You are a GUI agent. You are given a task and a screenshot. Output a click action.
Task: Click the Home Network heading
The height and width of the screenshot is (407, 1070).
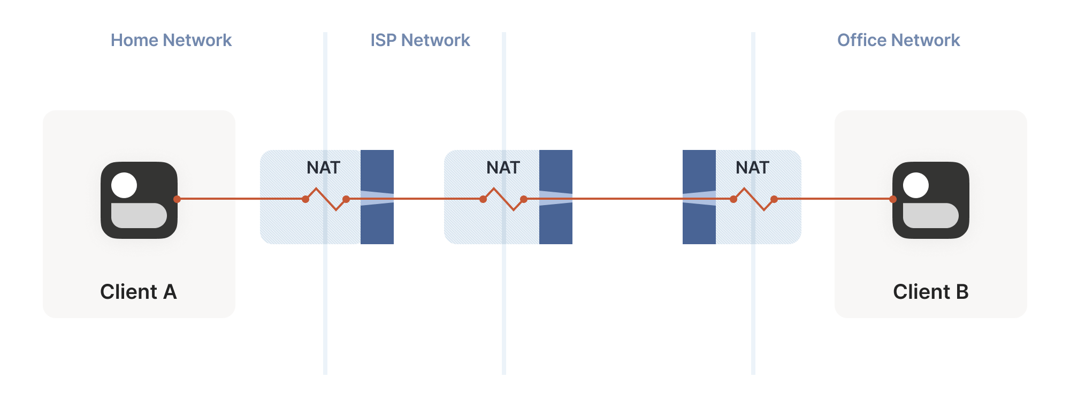171,40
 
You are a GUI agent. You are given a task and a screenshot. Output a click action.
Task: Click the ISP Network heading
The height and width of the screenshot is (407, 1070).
420,40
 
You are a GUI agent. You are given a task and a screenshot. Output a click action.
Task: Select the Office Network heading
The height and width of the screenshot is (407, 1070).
898,40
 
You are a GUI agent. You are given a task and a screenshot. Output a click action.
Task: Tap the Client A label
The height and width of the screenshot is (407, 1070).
138,292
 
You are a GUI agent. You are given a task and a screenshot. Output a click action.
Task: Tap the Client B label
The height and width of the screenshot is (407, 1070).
930,292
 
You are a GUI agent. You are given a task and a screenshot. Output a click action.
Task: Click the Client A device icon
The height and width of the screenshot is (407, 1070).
139,200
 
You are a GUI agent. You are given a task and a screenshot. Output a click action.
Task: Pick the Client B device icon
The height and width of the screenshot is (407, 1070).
931,200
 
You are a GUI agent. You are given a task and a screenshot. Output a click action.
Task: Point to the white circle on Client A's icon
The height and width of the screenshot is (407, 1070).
124,185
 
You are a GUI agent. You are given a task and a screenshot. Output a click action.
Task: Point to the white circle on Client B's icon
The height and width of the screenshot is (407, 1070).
916,185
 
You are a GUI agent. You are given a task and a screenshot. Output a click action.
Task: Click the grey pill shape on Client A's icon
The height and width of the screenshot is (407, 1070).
139,215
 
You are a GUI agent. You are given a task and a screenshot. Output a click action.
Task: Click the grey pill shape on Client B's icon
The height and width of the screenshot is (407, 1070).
931,215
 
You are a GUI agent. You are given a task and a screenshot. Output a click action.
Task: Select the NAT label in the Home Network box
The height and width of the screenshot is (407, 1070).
323,168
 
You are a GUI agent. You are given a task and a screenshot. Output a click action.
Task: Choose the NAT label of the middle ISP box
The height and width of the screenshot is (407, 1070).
503,168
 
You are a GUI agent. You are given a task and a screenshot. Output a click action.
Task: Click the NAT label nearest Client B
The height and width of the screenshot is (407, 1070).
752,168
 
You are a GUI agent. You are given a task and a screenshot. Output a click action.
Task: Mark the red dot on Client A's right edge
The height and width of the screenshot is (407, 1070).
177,199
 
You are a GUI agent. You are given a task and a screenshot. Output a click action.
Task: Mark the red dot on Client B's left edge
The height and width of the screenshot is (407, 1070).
893,199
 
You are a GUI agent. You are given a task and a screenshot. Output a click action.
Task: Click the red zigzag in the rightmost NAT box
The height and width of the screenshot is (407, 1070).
754,199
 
